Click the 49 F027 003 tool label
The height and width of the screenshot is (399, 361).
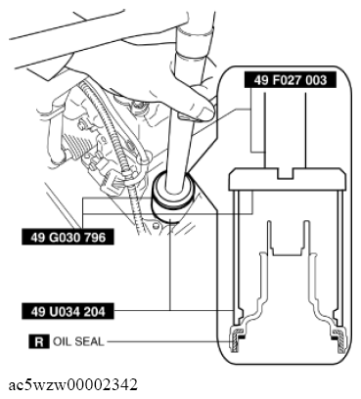pos(290,80)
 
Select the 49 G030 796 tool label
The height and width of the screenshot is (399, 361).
pos(68,237)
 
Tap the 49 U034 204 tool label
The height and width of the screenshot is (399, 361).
pos(68,311)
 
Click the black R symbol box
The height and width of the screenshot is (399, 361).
pos(39,341)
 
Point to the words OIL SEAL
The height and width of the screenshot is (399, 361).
pos(78,341)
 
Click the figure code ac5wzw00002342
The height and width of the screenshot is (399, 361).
pos(72,384)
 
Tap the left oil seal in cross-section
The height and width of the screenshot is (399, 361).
pos(237,339)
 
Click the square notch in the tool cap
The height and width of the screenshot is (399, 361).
pos(286,173)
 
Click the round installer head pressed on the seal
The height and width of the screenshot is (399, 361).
pos(173,194)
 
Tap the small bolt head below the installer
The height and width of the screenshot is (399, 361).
pos(156,225)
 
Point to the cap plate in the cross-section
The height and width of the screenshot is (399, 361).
pos(287,179)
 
